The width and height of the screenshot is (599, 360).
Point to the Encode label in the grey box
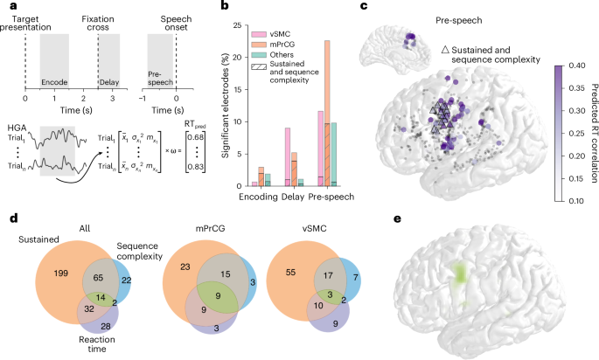point(54,81)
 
